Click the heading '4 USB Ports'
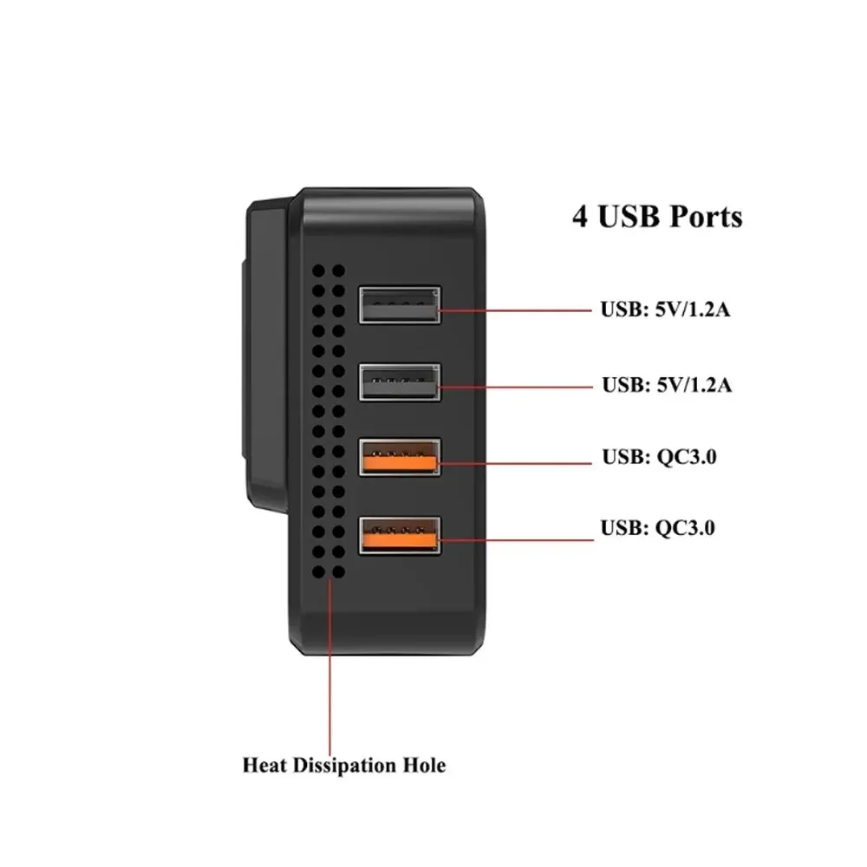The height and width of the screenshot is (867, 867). click(x=657, y=217)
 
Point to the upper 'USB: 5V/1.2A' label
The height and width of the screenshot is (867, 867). click(x=665, y=310)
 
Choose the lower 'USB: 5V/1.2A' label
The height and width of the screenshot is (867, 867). click(x=666, y=385)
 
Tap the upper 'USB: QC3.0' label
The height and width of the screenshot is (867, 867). click(x=659, y=457)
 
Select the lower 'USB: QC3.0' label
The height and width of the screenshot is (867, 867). click(x=658, y=527)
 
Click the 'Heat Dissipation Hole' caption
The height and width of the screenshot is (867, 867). click(x=344, y=766)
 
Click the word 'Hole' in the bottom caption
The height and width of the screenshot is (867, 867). click(x=425, y=766)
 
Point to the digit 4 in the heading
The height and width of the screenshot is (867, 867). click(x=580, y=217)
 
